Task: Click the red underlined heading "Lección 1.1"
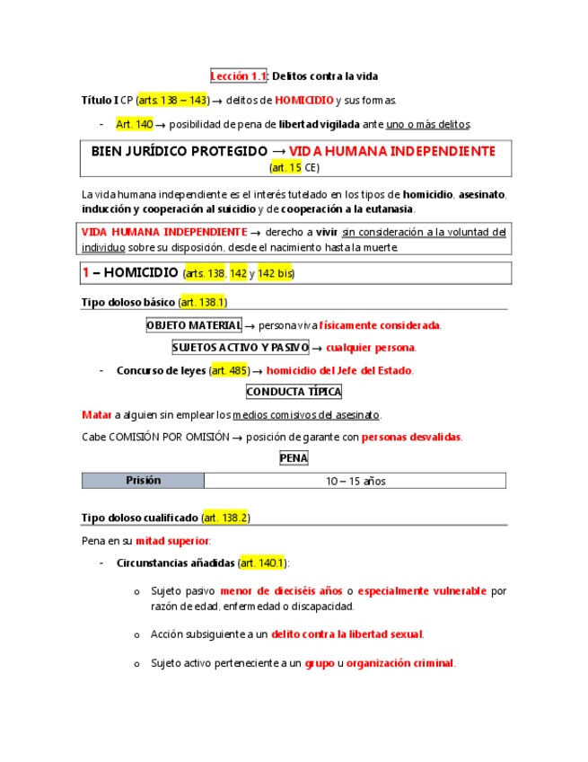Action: [x=238, y=75]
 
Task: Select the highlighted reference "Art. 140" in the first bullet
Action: [x=135, y=124]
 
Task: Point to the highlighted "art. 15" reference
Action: [x=286, y=167]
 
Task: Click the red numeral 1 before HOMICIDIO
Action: [x=86, y=272]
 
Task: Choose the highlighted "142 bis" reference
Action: [x=275, y=273]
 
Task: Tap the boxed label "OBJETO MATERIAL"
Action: [x=194, y=325]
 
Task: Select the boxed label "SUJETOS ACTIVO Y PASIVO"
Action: [x=240, y=347]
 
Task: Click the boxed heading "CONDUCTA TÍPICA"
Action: [x=294, y=392]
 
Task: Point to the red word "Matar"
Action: [x=96, y=415]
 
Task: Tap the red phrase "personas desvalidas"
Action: [x=411, y=438]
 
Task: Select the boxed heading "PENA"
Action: [x=294, y=458]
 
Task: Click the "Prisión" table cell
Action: [x=144, y=481]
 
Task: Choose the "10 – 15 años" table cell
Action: [x=355, y=481]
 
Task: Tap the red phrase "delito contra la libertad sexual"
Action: [x=347, y=634]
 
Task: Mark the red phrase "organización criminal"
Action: [x=400, y=664]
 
